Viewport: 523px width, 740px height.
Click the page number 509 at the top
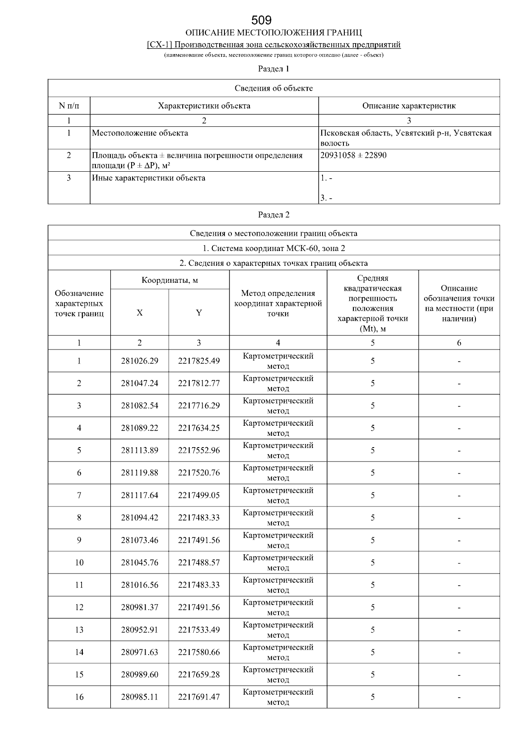pos(261,20)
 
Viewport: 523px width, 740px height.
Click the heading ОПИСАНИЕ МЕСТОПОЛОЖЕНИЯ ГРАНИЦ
pos(274,33)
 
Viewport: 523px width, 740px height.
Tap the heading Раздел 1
pos(274,68)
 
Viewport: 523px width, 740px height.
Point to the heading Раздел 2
pos(274,214)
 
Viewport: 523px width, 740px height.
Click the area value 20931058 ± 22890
pos(353,155)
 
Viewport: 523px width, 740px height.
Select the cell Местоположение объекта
pos(140,133)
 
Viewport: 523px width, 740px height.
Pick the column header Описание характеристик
pos(409,105)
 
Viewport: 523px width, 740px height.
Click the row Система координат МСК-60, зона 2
pos(274,248)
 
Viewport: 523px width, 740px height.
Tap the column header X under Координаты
pos(139,312)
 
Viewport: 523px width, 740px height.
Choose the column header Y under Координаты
pos(199,312)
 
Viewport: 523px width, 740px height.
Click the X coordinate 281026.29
pos(139,361)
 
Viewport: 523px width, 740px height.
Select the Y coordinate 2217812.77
pos(199,383)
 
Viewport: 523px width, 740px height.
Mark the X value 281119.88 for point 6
pos(139,473)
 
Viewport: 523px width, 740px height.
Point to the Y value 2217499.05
pos(199,495)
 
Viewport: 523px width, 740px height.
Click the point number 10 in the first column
pos(79,562)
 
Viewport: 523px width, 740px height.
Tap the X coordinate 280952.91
pos(139,630)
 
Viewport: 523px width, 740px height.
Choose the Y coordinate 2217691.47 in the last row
pos(199,697)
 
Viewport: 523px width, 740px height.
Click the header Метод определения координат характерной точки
pos(278,303)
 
